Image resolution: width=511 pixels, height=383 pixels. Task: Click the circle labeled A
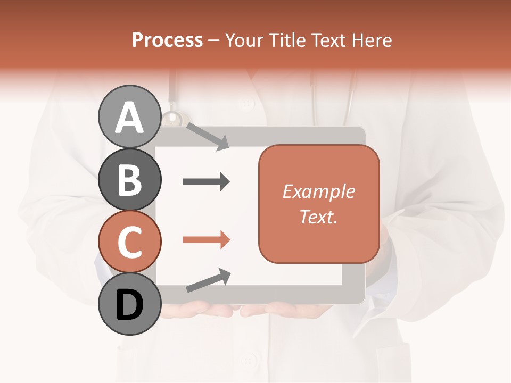pos(129,116)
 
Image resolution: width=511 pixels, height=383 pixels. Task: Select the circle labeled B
pos(129,179)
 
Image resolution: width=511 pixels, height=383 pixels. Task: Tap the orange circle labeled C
pos(129,242)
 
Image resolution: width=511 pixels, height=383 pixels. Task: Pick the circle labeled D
pos(129,304)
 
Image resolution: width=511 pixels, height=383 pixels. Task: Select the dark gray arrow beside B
pos(206,182)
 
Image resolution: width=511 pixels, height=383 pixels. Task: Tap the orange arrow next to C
pos(206,240)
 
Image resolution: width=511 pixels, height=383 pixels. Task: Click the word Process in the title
pos(167,40)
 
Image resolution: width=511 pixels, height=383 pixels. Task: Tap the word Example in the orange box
pos(318,191)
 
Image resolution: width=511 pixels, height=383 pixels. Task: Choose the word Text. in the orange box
pos(318,217)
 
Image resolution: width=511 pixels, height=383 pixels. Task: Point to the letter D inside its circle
pos(129,305)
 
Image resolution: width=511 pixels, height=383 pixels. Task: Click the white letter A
pos(129,118)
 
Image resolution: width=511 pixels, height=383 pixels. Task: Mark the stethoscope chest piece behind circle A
pos(172,119)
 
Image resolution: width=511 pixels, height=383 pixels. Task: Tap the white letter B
pos(129,180)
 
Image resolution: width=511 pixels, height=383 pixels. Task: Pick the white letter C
pos(129,242)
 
